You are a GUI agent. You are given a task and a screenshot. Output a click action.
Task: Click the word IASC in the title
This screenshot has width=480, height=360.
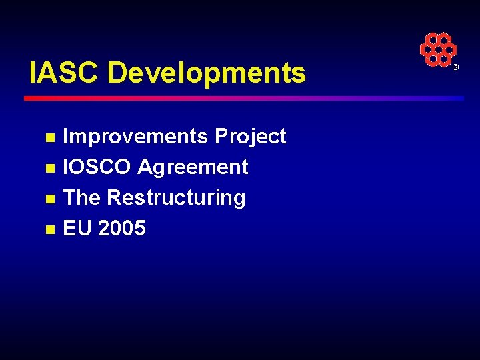pos(64,73)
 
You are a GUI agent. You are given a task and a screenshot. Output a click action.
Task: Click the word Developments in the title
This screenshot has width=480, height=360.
pos(206,73)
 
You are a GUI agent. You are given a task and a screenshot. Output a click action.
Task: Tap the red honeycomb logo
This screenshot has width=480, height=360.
pos(437,49)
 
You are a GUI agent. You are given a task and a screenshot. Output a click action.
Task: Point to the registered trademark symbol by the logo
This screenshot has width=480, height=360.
pos(456,68)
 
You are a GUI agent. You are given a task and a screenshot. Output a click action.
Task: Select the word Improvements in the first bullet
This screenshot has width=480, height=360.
pos(135,137)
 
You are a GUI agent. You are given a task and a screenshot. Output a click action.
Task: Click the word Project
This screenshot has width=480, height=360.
pos(250,137)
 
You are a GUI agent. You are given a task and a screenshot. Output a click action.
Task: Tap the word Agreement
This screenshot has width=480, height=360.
pos(193,167)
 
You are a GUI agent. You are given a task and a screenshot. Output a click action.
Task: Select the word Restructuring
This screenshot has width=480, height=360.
pos(176,198)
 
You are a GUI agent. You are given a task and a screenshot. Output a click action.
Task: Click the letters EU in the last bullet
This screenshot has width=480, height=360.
pos(77,228)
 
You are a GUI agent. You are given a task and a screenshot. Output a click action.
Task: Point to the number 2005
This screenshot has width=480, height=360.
pos(121,228)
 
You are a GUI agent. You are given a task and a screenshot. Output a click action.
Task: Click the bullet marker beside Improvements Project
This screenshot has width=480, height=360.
pos(49,138)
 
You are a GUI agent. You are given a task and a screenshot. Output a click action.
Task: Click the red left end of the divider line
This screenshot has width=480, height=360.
pos(30,98)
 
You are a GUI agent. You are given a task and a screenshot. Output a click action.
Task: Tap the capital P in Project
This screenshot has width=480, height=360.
pos(221,137)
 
